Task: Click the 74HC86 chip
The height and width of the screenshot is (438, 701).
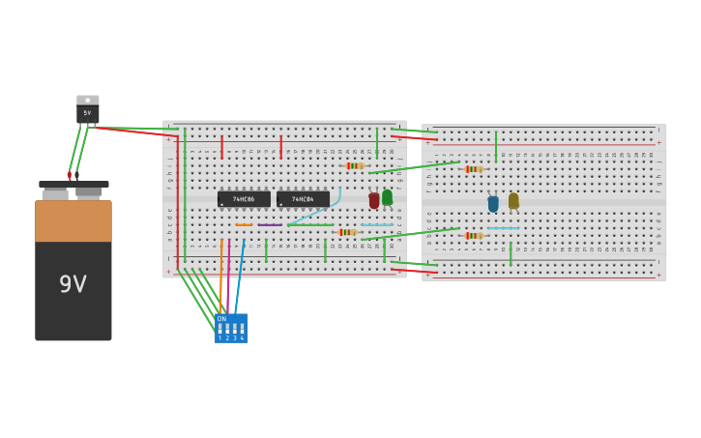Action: pos(244,199)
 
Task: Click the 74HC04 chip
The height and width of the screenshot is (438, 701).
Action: pos(303,199)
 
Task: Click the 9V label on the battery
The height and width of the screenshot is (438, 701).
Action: pos(73,284)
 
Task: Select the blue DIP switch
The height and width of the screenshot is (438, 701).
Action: pos(231,328)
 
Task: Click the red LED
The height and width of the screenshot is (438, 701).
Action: pos(374,201)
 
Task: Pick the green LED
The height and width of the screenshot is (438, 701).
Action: pos(388,197)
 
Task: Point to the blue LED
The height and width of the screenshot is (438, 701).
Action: pos(493,204)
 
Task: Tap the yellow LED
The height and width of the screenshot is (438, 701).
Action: pos(513,201)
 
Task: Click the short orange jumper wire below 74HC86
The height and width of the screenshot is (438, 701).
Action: pos(244,225)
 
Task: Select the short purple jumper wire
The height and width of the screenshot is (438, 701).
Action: pos(270,225)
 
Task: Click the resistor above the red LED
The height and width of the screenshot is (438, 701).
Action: pos(355,165)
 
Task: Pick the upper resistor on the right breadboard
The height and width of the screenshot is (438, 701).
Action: pos(474,169)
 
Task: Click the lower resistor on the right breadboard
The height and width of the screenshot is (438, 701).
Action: pos(474,235)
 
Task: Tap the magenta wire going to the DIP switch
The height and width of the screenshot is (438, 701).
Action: pos(228,280)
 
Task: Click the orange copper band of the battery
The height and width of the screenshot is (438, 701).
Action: pos(73,220)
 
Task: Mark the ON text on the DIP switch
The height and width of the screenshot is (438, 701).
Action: pos(221,318)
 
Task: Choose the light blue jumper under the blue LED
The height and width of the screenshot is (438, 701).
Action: pos(503,228)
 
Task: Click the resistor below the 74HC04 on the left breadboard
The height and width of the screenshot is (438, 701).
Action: pos(347,232)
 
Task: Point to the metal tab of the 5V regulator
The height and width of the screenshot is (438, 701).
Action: pos(87,100)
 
